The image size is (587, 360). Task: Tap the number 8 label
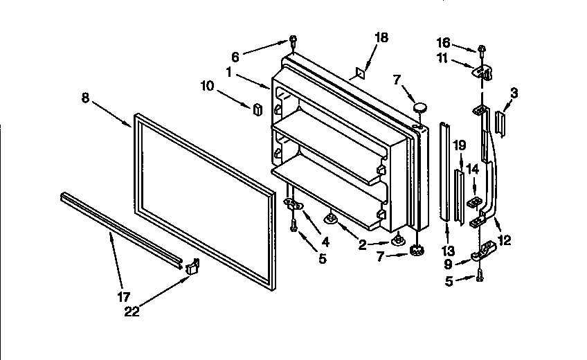(x=84, y=98)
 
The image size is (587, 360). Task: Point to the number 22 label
(x=132, y=312)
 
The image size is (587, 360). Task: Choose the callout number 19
(x=458, y=145)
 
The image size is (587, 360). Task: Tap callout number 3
(x=514, y=91)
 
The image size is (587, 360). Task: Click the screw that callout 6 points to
(x=293, y=40)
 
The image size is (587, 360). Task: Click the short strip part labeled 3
(x=500, y=125)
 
